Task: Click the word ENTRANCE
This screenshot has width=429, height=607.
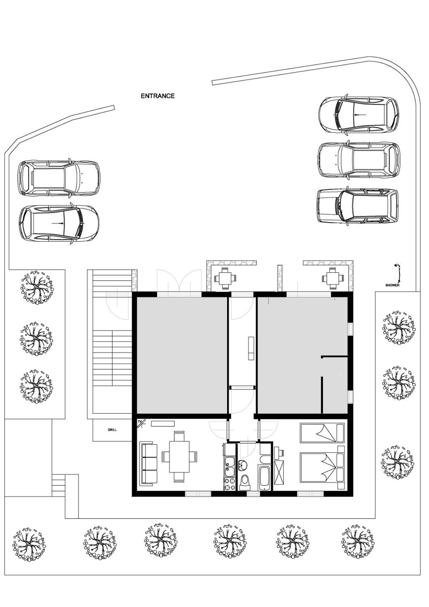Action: [x=158, y=96]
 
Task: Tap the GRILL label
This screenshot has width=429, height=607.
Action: [x=112, y=430]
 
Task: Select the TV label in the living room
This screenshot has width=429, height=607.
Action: [x=140, y=421]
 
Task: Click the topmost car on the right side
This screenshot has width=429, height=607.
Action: [x=359, y=115]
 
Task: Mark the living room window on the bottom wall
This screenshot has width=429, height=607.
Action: [x=198, y=493]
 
